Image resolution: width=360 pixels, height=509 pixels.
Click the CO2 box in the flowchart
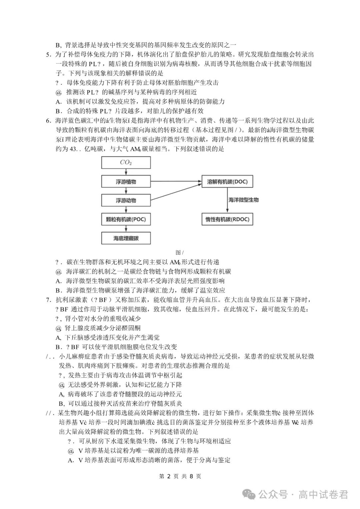(126, 163)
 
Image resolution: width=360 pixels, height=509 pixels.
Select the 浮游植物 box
(126, 182)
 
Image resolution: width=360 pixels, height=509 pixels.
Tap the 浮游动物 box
(126, 200)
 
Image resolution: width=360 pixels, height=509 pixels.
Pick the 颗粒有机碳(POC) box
(126, 219)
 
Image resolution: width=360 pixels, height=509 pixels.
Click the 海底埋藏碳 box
(126, 238)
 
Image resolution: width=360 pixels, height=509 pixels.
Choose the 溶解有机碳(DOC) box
(227, 182)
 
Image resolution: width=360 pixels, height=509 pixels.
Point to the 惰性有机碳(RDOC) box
(227, 219)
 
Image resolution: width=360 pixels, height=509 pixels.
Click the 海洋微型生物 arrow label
(243, 200)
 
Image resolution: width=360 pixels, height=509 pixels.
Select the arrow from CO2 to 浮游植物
(126, 172)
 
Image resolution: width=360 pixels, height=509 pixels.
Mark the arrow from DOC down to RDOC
(227, 200)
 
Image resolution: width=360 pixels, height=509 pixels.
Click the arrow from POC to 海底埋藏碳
(126, 229)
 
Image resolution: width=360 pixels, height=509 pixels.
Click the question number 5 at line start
(48, 54)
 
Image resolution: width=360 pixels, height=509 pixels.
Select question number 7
(48, 300)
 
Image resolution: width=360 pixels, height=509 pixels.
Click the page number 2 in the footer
(169, 476)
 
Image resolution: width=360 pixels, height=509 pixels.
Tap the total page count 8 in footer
(191, 476)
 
